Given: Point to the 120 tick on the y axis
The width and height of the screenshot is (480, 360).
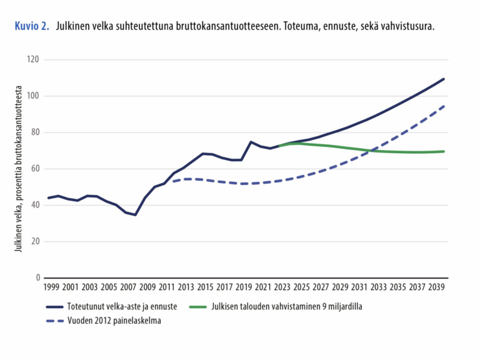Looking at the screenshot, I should pos(33,60).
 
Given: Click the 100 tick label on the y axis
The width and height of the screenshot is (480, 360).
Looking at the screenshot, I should pos(33,96).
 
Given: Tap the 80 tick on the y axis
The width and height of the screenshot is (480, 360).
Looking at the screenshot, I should pos(35,132).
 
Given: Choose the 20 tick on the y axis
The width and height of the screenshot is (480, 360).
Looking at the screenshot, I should pos(35,241).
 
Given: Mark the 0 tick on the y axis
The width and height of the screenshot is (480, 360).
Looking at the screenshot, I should pos(37,277).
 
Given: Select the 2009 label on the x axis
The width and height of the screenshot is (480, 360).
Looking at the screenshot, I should pos(146,289).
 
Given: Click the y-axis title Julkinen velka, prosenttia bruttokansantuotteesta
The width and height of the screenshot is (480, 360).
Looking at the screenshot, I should pos(19,169).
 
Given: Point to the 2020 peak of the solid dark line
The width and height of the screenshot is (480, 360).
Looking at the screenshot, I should pos(251,142).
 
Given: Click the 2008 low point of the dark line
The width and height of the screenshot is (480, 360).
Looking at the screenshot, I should pos(136,215).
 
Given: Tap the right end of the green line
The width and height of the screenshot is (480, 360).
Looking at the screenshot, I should pos(444,151).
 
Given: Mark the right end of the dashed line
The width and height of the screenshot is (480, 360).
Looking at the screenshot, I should pos(444,106).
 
